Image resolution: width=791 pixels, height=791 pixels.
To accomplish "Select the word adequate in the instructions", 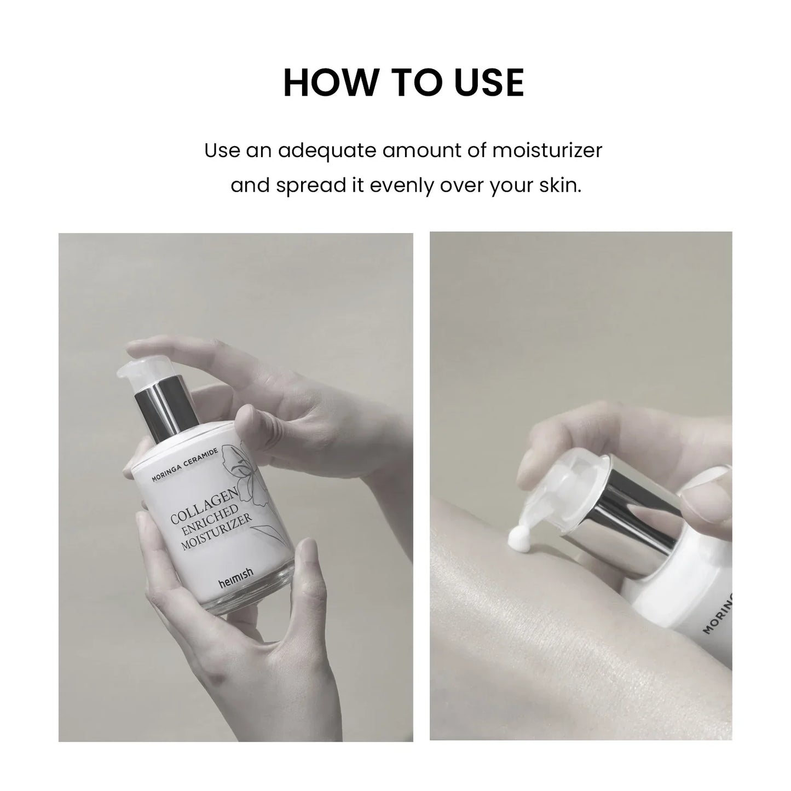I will click(x=326, y=150).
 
